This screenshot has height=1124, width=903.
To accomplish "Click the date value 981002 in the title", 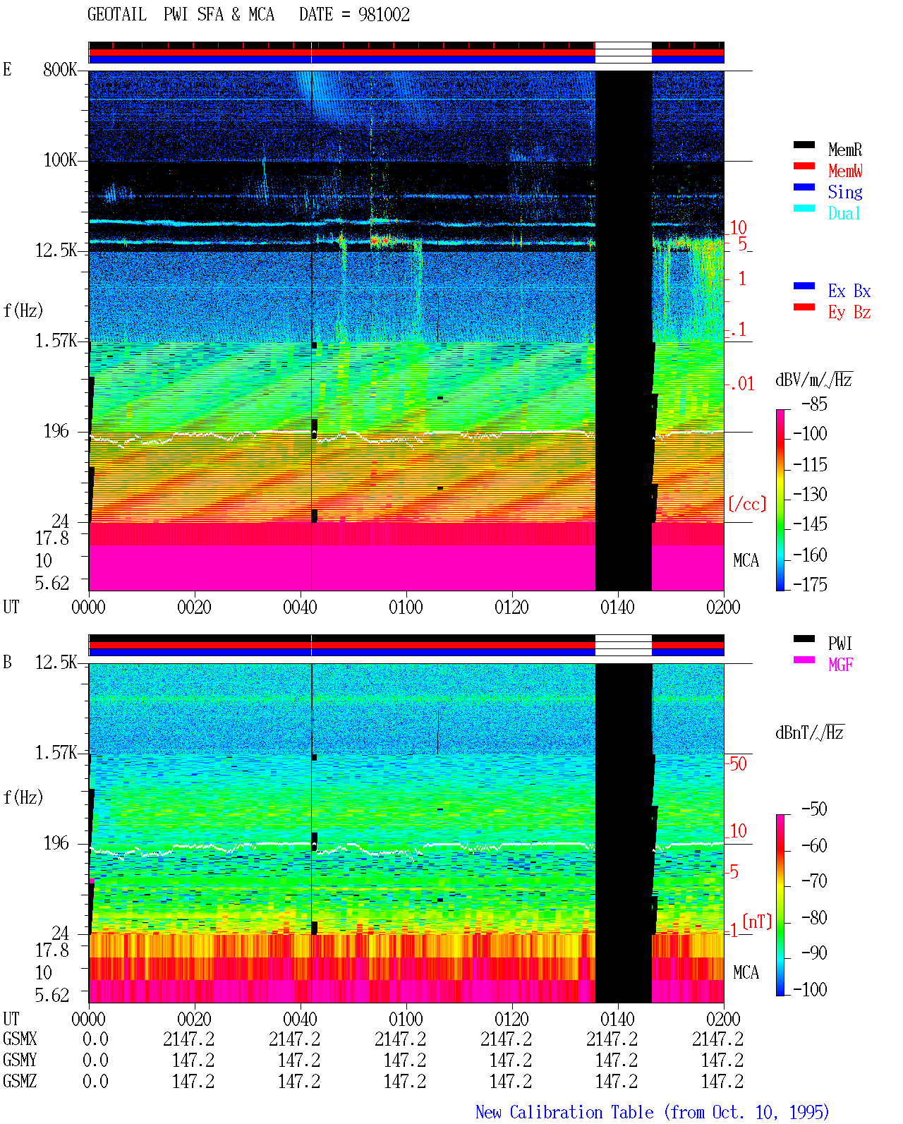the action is coord(384,15).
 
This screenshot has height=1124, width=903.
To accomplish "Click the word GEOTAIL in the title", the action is coord(117,15).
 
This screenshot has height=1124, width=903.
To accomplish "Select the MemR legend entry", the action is coord(844,150).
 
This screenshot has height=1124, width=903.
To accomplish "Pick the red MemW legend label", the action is coord(845,171).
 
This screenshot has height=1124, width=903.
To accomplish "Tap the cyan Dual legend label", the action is coord(844,213).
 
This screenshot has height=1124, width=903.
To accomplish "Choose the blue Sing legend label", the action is coord(844,192).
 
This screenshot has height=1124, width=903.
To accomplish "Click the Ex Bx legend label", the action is coord(849,291).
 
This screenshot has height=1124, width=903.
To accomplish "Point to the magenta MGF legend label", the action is coord(840,665).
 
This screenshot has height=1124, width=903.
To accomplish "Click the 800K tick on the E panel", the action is coord(60,69).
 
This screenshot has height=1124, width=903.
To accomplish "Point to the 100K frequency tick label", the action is coord(60,160).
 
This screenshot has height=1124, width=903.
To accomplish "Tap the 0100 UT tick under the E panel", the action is coord(406,607).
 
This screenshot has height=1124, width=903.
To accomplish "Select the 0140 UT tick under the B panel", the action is coord(617,1018).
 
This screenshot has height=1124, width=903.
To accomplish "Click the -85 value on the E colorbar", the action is coord(814,404).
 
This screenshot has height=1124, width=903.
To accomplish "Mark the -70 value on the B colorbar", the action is coord(814,881).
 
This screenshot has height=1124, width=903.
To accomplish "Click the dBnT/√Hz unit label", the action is coord(810,733).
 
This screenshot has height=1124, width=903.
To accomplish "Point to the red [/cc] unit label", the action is coord(747,504).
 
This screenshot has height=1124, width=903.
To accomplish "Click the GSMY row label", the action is coord(20,1060).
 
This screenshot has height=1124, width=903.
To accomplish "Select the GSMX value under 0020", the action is coord(189,1039).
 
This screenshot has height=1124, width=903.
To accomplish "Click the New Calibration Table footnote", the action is coord(652,1112).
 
